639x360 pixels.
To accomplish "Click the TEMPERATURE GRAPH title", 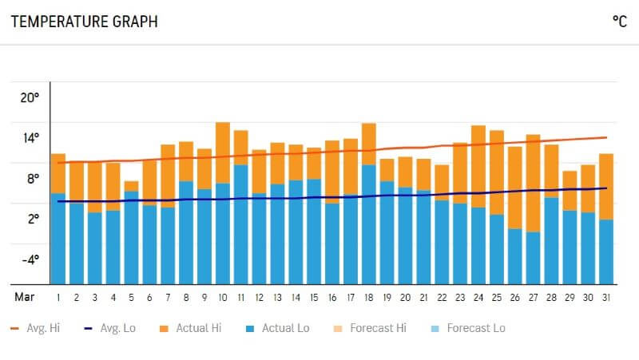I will (84, 22).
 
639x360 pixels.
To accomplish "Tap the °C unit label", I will (619, 22).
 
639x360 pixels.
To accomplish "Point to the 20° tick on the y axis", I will (30, 97).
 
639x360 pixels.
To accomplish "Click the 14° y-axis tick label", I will (30, 137).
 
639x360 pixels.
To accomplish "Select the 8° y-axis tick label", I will (31, 178).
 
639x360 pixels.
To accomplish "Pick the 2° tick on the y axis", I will (31, 219).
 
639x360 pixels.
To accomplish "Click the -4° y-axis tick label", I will (30, 259).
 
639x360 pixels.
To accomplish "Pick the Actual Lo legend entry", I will (277, 328).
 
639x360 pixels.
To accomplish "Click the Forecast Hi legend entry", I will (366, 328).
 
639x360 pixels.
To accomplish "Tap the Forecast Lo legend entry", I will (467, 328).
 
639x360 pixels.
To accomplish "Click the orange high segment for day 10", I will (223, 152).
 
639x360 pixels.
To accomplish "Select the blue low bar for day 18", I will (368, 224).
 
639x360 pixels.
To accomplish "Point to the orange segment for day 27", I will (533, 183).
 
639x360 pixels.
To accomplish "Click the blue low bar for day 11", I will (240, 224).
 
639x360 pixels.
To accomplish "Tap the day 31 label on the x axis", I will (605, 297).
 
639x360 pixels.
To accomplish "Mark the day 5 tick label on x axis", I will (131, 297).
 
